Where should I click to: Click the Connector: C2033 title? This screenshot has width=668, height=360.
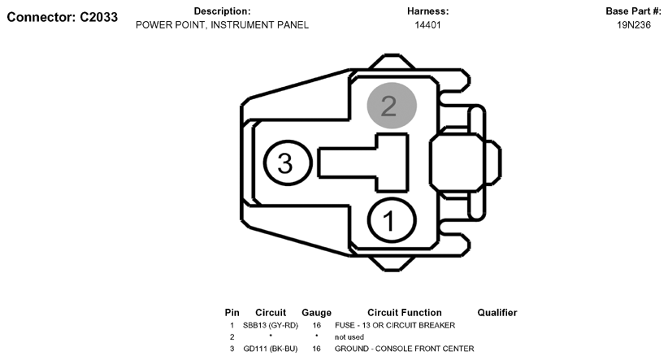(x=63, y=17)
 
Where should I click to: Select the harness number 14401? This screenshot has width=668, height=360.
(x=427, y=25)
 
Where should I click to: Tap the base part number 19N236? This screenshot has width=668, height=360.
(x=634, y=25)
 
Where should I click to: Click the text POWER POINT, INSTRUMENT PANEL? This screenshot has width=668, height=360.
(x=222, y=25)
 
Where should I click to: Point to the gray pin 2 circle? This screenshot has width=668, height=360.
(x=392, y=105)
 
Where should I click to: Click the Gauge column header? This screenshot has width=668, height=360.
(x=317, y=313)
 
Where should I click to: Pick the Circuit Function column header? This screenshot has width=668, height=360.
(x=404, y=313)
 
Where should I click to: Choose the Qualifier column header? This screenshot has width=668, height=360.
(x=497, y=313)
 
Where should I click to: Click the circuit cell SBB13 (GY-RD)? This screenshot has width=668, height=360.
(x=271, y=326)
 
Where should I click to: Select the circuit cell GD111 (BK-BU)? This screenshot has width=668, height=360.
(x=271, y=349)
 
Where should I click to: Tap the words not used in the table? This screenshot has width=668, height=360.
(x=349, y=337)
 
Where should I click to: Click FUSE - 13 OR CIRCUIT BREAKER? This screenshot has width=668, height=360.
(x=395, y=326)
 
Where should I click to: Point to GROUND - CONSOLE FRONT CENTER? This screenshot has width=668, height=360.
(x=404, y=349)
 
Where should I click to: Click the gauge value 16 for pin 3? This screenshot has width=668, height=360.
(x=316, y=349)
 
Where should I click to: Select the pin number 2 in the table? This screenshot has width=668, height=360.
(x=232, y=337)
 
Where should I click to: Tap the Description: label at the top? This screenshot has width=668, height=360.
(x=222, y=11)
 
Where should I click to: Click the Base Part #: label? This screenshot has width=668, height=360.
(x=634, y=11)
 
